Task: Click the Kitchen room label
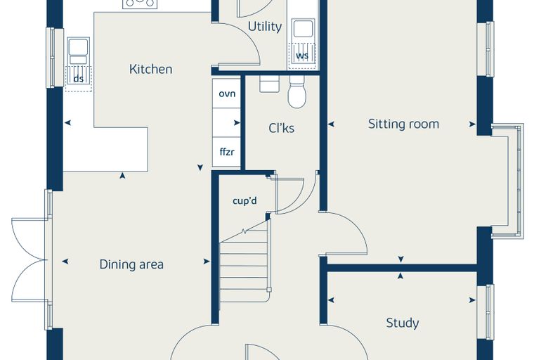150,69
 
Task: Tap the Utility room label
265,27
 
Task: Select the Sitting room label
403,124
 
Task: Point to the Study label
402,323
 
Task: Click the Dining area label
131,264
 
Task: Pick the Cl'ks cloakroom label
281,128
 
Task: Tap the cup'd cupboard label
245,201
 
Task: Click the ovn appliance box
226,94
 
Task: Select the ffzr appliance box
226,152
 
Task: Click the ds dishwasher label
79,79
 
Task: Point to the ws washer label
302,56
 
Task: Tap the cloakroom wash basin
269,84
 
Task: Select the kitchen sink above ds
79,51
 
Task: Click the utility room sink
303,29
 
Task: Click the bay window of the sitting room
508,181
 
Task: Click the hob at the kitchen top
140,4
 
